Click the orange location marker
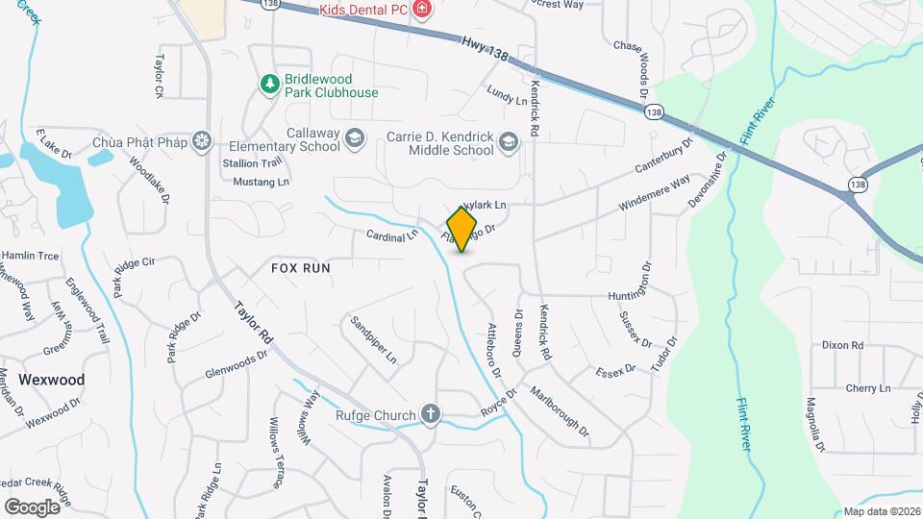[x=462, y=229]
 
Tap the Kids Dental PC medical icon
[x=421, y=9]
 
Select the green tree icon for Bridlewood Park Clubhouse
[x=271, y=85]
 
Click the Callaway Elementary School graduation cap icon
[x=355, y=139]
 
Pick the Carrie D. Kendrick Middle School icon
[x=509, y=144]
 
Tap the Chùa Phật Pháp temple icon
[x=201, y=142]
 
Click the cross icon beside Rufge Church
[x=431, y=415]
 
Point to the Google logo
[x=32, y=507]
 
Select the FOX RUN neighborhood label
[x=300, y=268]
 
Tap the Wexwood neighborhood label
[x=52, y=380]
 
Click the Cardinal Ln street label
[x=392, y=235]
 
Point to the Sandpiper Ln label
[x=373, y=339]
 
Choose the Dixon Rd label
[x=842, y=345]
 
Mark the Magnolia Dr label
[x=815, y=424]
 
